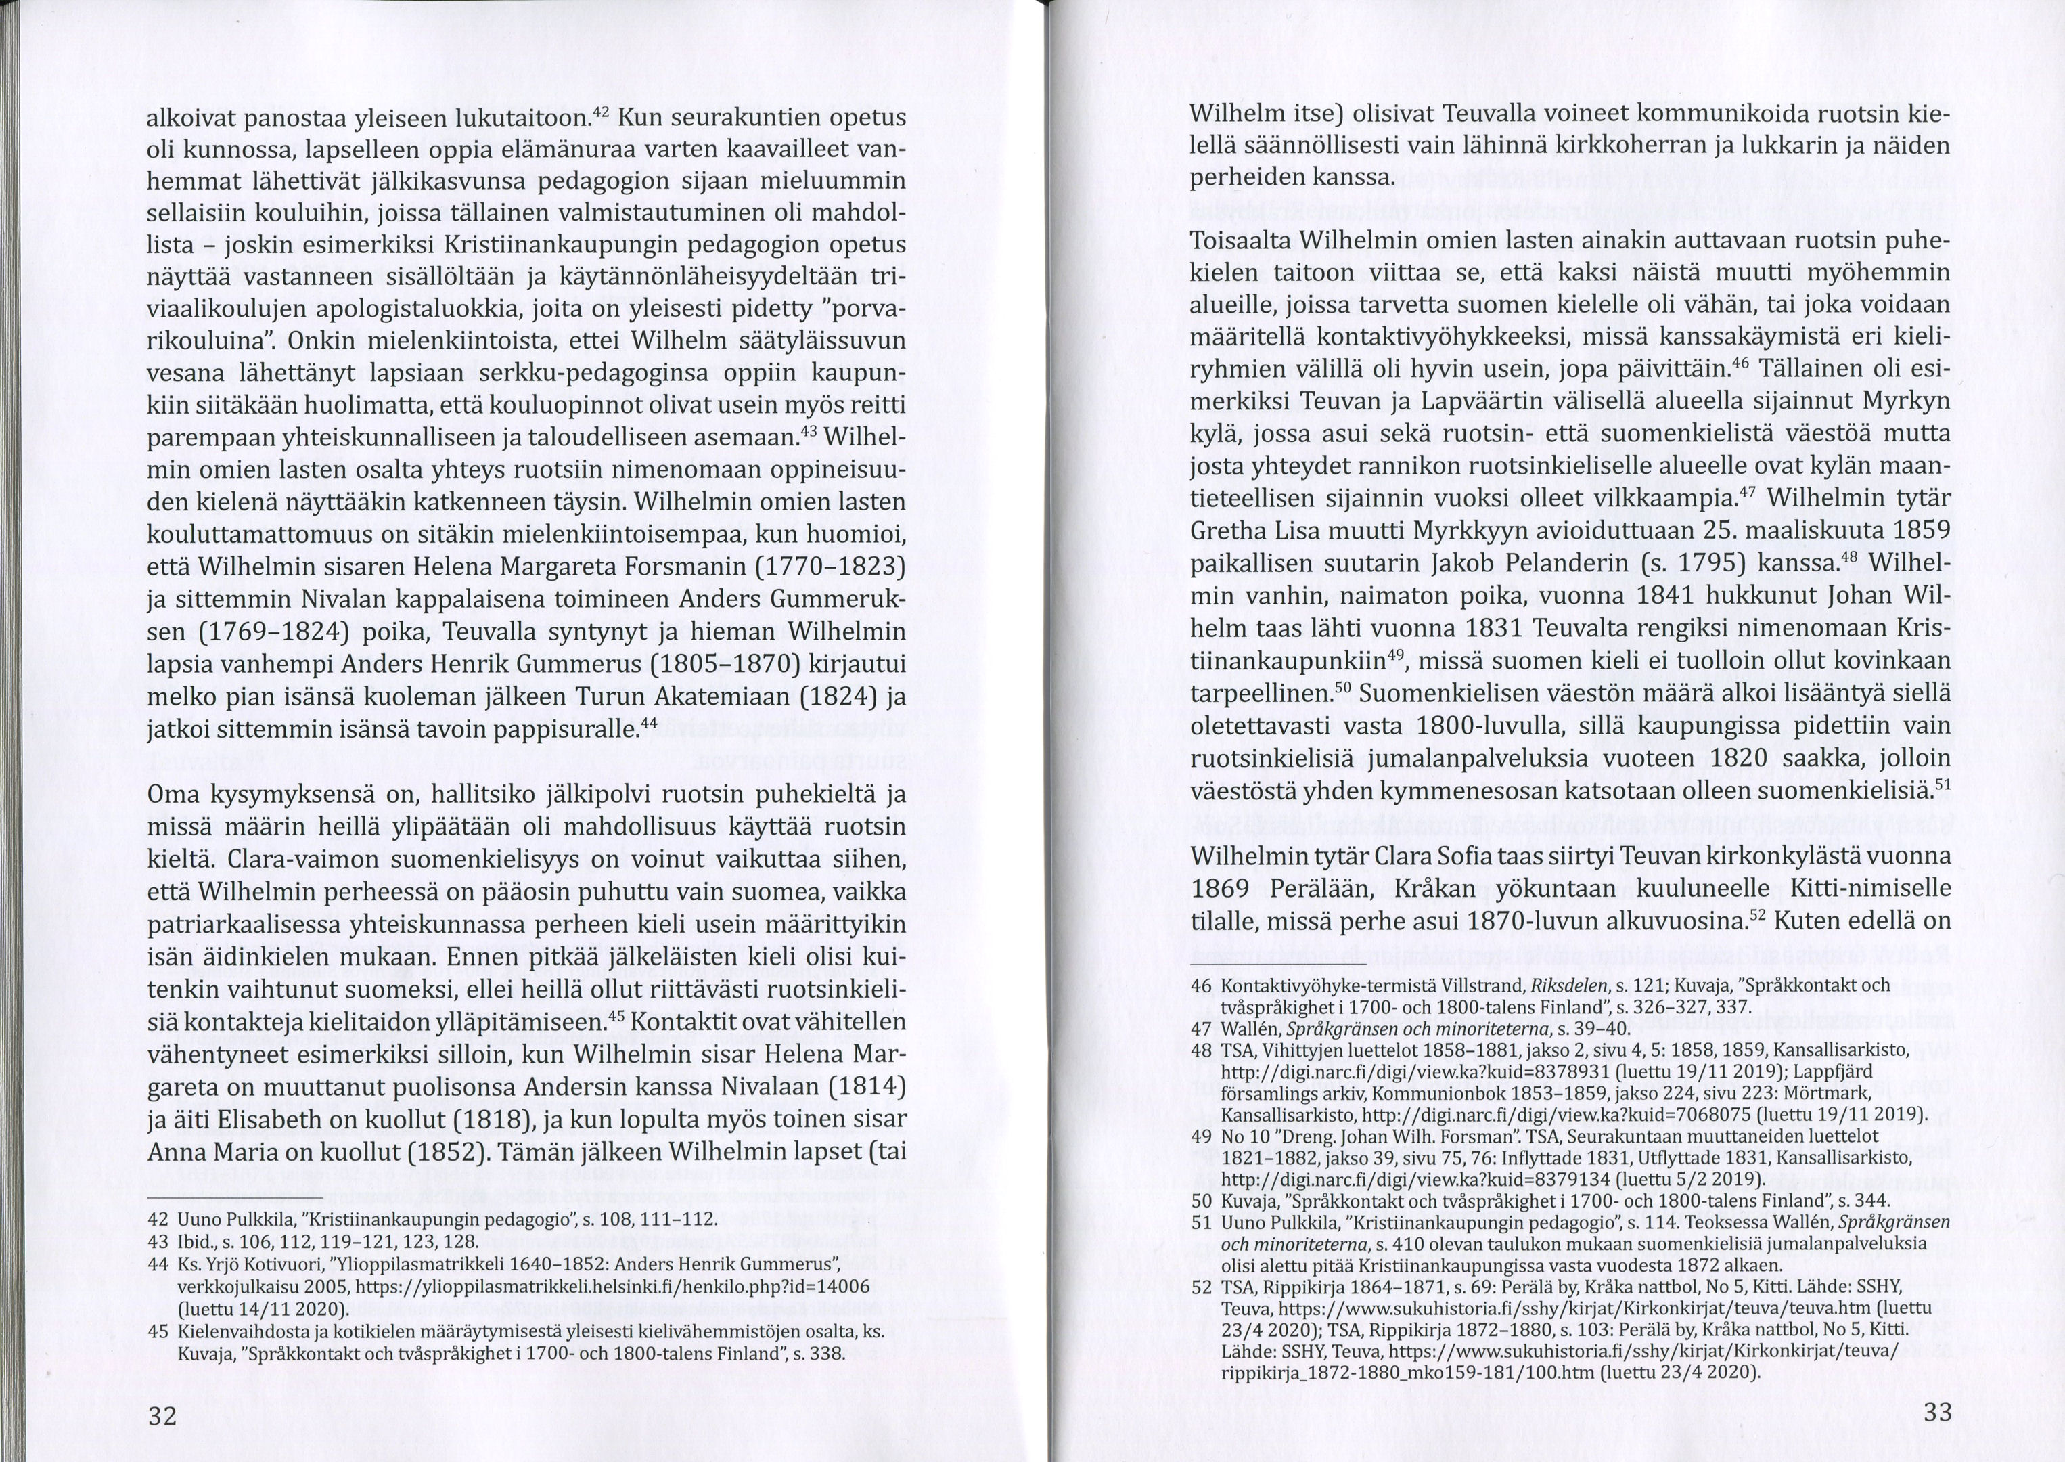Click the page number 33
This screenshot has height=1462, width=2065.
(x=1937, y=1412)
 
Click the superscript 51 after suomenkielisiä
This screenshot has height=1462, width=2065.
(x=1943, y=785)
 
